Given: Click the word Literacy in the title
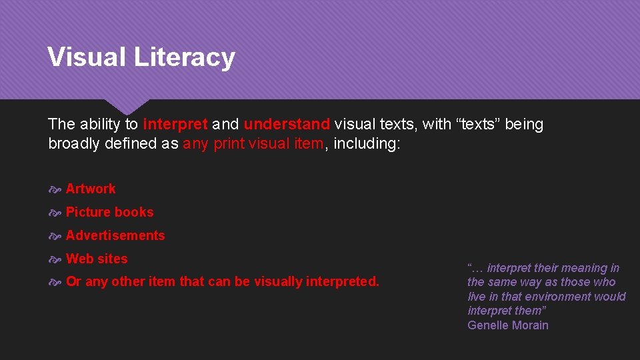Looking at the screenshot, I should click(184, 57).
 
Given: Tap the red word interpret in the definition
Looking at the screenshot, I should click(175, 124).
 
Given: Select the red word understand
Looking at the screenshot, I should click(287, 124).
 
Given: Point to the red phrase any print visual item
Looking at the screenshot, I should click(253, 143).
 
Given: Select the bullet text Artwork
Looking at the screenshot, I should click(91, 189).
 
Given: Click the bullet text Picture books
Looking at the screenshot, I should click(110, 212).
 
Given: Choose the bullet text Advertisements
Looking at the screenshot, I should click(115, 235).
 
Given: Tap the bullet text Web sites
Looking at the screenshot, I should click(97, 259).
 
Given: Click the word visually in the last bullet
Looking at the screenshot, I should click(278, 282).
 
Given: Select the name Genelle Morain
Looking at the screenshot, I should click(508, 325).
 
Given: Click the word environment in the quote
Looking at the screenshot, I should click(560, 297).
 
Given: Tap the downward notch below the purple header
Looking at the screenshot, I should click(127, 107).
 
